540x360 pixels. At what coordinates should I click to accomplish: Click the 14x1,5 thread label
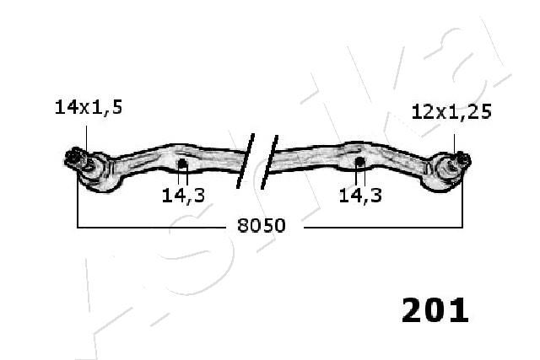tap(89, 107)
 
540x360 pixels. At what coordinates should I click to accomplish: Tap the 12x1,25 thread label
tap(451, 112)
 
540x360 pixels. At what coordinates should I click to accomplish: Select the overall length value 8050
tap(262, 226)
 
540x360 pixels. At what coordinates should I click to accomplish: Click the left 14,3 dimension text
tap(183, 195)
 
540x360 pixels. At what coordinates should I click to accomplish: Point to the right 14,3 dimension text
tap(360, 195)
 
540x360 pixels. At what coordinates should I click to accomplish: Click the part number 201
tap(435, 310)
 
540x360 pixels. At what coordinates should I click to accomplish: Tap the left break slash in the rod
tap(246, 161)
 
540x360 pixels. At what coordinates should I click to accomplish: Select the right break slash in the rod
tap(269, 162)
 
